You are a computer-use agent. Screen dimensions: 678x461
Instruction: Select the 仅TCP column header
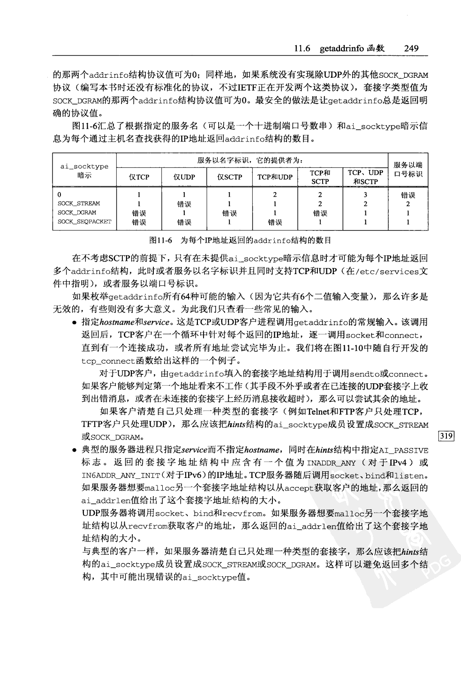point(139,177)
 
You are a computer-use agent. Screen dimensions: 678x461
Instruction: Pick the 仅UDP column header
point(184,177)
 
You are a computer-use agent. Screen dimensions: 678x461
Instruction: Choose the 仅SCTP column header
point(229,177)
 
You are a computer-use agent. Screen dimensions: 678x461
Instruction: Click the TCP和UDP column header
point(274,177)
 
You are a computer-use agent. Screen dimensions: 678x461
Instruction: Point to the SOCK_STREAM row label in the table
point(78,204)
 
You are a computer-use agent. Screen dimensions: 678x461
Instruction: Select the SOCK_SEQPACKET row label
point(84,222)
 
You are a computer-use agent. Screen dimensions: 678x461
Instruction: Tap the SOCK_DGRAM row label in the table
point(76,213)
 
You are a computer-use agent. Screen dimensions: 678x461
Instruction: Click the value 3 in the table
point(365,195)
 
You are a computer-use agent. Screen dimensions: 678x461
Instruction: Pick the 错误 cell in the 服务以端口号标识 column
point(408,195)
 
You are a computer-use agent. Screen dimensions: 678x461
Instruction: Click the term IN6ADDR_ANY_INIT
point(114,476)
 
